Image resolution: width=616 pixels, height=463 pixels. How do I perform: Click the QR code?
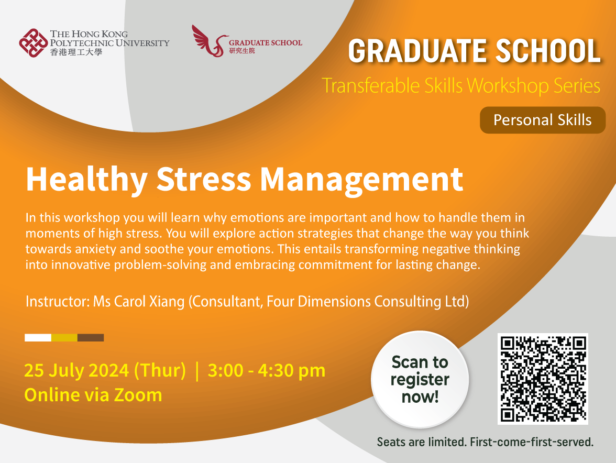tap(542, 379)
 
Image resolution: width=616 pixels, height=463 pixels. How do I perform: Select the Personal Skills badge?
tap(542, 120)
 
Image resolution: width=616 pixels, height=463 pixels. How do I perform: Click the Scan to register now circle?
tap(420, 379)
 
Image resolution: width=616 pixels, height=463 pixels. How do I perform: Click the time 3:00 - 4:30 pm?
tap(267, 370)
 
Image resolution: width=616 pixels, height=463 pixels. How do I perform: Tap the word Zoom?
tap(138, 394)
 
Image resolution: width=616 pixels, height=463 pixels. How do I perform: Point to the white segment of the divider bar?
tap(38, 338)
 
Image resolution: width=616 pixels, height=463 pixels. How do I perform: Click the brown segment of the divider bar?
tap(91, 338)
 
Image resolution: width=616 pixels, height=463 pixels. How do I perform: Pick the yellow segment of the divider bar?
tap(64, 338)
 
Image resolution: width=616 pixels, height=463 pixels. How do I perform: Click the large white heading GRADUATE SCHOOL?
tap(474, 51)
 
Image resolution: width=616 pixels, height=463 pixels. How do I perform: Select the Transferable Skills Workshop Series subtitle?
tap(461, 85)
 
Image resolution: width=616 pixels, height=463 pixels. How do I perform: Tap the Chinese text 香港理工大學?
tap(76, 52)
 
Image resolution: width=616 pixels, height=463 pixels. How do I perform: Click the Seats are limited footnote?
tap(485, 442)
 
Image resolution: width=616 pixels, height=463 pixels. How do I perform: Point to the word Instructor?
tap(57, 302)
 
